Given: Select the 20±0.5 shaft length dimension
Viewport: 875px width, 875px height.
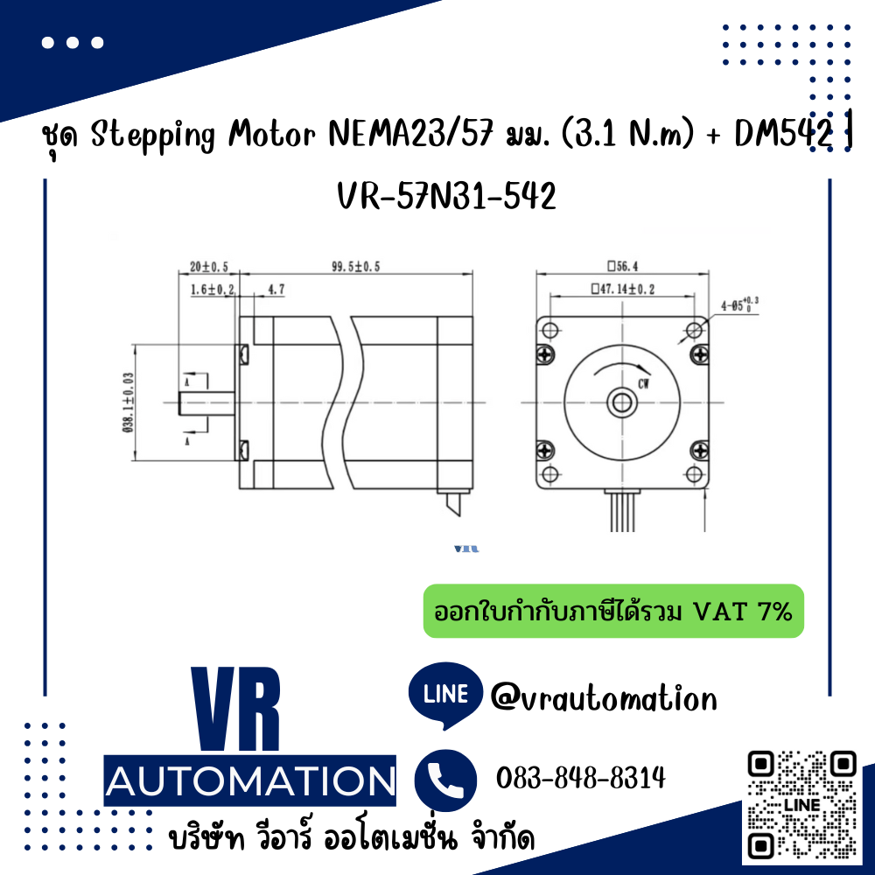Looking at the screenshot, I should tap(208, 267).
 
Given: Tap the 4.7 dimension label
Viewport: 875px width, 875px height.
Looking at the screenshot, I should tap(276, 288).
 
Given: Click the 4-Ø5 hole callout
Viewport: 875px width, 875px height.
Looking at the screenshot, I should tap(738, 304).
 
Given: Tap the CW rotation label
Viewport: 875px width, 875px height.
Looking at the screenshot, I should tap(643, 383).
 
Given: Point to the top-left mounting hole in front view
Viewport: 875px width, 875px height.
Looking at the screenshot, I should tap(550, 330).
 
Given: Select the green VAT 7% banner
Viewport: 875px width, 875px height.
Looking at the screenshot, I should tap(612, 611).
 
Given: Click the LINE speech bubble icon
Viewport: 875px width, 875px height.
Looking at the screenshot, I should tap(445, 695).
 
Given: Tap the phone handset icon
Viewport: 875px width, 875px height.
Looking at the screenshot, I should tap(445, 778).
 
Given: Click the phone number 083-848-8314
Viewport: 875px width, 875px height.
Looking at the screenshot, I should tap(580, 778).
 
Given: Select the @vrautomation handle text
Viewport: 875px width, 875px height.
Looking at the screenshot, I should tap(604, 698).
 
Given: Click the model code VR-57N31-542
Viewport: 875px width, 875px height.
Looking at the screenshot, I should tap(446, 198).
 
